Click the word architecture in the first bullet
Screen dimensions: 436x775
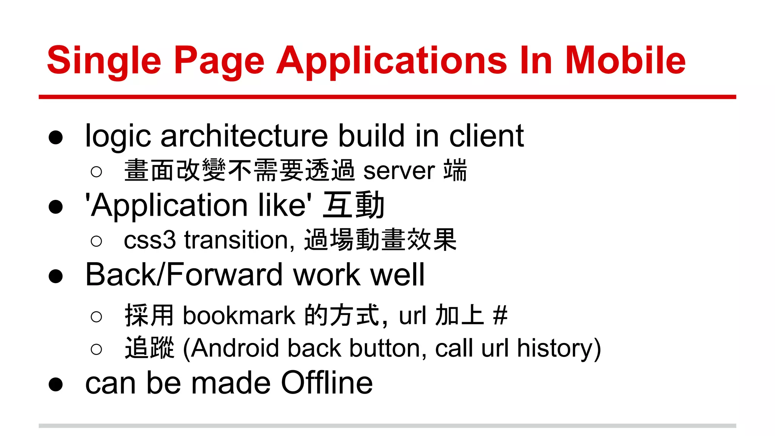244,136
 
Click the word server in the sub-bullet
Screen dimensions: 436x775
399,171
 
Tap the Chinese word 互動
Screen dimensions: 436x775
353,206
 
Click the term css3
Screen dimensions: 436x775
150,240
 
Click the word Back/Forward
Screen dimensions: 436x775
184,275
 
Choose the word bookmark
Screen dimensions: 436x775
239,315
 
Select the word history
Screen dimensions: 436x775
559,348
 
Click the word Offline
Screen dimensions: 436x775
327,383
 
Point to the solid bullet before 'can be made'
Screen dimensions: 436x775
56,384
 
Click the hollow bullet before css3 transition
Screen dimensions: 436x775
96,241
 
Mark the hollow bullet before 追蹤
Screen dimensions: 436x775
96,349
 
